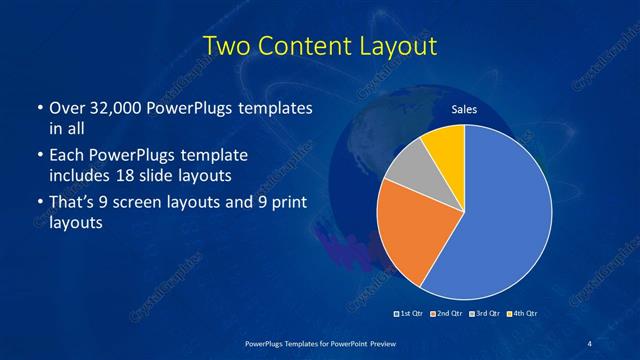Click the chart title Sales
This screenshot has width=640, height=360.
coord(464,109)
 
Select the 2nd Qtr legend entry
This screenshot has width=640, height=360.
coord(447,314)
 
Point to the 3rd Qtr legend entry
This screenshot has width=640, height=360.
coord(485,314)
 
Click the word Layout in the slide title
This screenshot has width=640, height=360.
coord(396,46)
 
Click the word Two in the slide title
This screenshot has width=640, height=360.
coord(226,46)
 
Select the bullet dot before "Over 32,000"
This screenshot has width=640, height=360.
coord(38,108)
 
